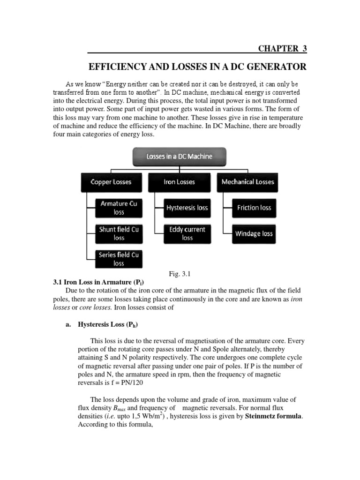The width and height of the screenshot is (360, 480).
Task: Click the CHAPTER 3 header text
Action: coord(283,48)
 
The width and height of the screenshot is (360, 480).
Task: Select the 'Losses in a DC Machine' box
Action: coord(180,157)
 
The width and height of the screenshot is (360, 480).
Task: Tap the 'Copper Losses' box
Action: coord(111,182)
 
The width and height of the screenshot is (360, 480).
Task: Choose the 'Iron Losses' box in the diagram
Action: coord(180,182)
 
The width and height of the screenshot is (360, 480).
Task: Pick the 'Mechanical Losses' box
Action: coord(248,182)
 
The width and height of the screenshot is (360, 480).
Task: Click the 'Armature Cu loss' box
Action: coord(119,208)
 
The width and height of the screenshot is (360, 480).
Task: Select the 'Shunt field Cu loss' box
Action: coord(119,233)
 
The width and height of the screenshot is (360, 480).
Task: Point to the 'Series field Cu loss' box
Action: coord(119,259)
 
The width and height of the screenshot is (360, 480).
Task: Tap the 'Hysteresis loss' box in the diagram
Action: coord(187,208)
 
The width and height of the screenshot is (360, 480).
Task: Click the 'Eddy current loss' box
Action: coord(187,233)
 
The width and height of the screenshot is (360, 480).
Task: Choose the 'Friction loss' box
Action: coord(254,208)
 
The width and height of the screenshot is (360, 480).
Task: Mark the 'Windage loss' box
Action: coord(254,233)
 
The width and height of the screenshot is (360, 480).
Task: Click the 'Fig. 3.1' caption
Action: coord(180,274)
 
